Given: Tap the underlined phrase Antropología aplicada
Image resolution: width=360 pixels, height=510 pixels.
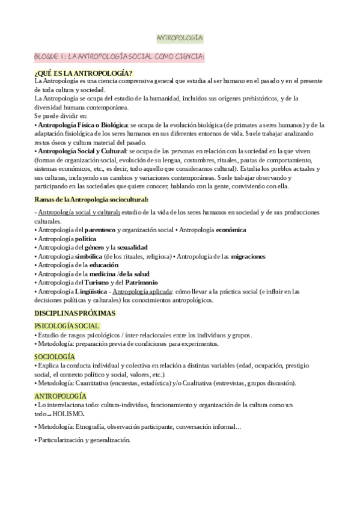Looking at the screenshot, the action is [142, 291].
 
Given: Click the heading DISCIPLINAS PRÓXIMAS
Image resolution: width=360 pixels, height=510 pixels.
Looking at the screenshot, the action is [75, 313].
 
